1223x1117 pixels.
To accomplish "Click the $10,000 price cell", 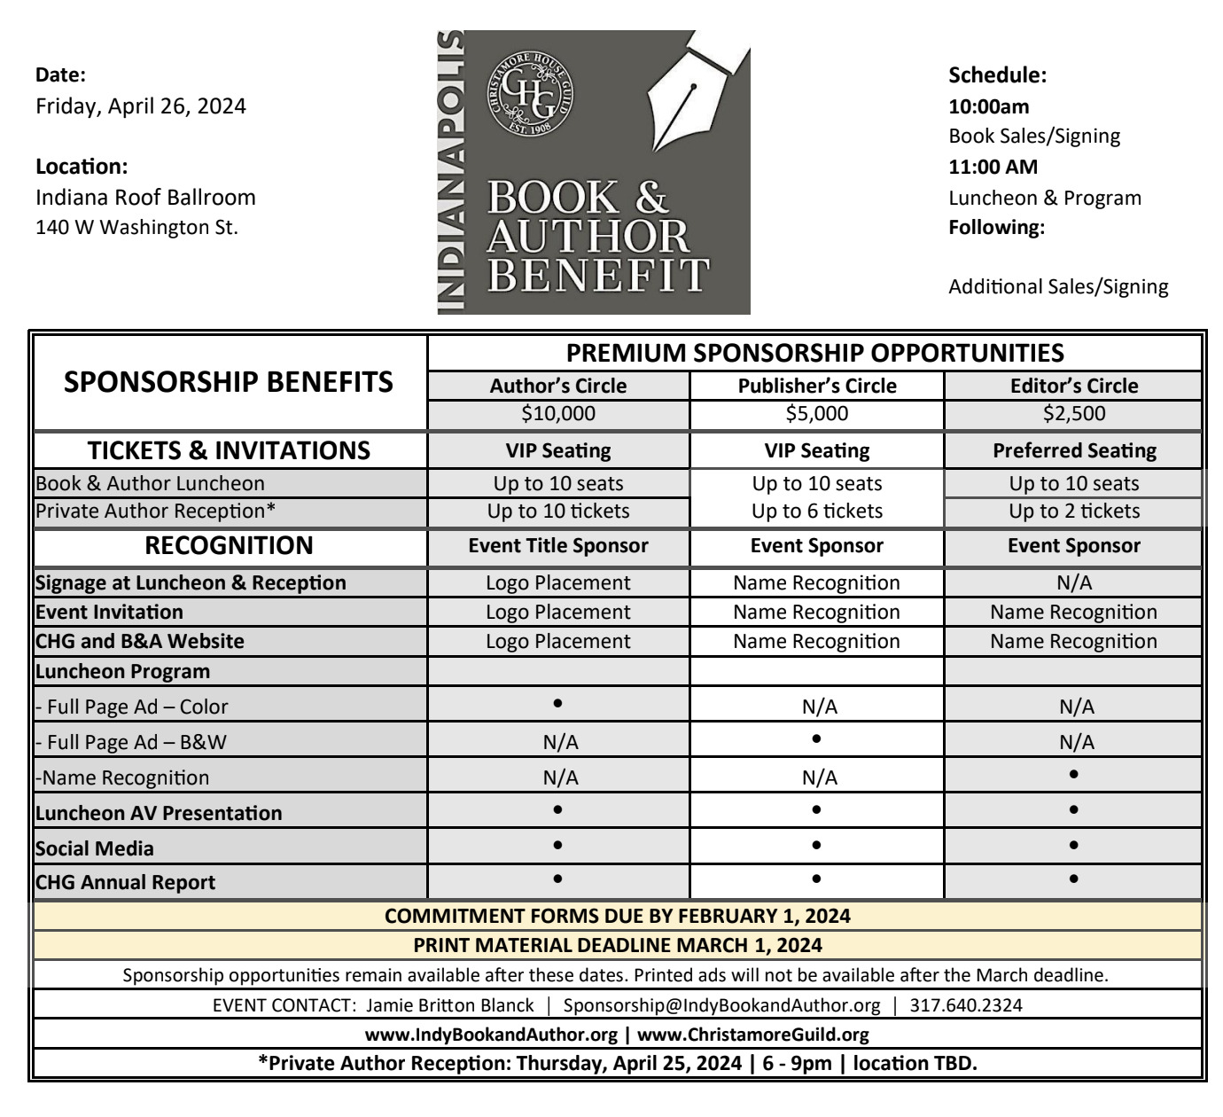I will tap(558, 413).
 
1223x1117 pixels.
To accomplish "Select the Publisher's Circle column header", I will tap(817, 386).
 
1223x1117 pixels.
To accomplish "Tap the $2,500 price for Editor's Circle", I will tap(1074, 413).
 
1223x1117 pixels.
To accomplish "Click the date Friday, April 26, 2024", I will tap(141, 106).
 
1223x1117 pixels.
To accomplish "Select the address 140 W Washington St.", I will tap(136, 227).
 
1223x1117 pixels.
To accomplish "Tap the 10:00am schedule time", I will tap(989, 106).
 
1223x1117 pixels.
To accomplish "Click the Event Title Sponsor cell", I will tap(558, 546).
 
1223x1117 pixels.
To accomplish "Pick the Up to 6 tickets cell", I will tap(817, 512).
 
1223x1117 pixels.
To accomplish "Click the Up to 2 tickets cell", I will tap(1074, 512).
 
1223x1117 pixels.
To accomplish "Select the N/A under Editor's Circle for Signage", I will tap(1074, 582).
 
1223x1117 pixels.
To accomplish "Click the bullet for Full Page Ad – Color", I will tap(557, 703).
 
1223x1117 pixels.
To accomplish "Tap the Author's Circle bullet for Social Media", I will tap(557, 845).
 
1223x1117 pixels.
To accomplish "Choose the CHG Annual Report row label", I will tap(126, 883).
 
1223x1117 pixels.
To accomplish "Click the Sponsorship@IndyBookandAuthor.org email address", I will tap(722, 1005).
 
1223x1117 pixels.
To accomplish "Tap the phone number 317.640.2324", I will tap(966, 1005).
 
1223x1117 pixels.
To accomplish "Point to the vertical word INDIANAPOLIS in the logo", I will tap(452, 173).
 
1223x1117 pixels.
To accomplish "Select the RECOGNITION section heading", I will tap(229, 545).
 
